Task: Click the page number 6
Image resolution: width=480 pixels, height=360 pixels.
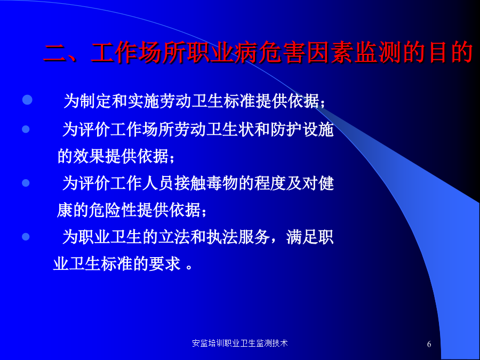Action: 429,344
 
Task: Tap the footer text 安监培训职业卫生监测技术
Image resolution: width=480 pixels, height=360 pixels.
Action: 239,343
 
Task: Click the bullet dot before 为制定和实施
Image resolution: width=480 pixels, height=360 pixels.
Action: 27,100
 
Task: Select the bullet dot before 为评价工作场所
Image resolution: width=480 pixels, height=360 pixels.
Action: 26,129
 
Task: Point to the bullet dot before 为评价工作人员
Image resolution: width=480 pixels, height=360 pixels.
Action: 26,183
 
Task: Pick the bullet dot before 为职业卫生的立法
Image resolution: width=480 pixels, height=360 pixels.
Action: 26,237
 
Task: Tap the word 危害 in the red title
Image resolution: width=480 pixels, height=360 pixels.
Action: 282,52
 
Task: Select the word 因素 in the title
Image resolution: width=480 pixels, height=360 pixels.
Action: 330,52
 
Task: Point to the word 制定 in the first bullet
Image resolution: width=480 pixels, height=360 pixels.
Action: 95,101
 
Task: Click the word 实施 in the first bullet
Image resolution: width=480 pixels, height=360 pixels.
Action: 143,101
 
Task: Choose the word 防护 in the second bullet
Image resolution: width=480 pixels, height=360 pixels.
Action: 286,130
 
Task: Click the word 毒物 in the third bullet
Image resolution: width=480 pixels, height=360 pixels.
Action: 222,183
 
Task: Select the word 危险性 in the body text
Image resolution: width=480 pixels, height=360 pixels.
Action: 113,210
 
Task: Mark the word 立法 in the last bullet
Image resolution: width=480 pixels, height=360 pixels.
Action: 174,237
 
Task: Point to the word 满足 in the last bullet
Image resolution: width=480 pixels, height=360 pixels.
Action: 302,237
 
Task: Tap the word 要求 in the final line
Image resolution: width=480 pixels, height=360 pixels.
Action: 164,264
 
